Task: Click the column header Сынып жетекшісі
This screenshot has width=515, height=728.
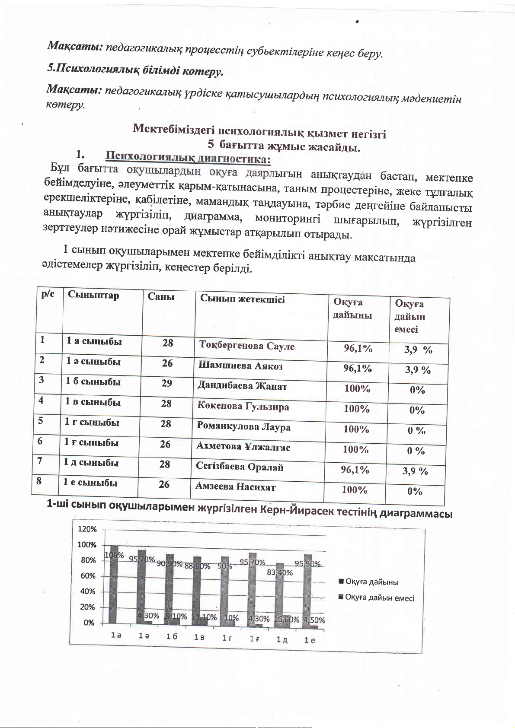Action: pos(242,299)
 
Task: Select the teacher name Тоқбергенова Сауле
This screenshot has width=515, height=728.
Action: pos(246,346)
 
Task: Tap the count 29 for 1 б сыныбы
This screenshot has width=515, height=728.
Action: pos(167,383)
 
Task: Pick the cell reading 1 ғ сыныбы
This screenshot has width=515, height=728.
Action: pos(91,442)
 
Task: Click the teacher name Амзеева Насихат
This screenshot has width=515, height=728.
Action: pos(235,487)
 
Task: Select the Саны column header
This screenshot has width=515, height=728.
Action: pos(161,296)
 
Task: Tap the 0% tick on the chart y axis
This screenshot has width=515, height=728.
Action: pos(89,623)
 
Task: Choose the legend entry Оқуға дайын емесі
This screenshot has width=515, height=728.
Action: pos(379,598)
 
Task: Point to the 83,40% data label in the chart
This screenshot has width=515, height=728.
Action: pos(280,573)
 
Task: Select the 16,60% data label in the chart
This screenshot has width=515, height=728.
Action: pos(287,620)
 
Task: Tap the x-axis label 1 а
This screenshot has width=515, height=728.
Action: pos(116,636)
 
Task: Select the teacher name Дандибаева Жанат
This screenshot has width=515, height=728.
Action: pos(242,386)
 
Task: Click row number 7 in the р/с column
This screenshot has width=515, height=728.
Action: pos(40,461)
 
